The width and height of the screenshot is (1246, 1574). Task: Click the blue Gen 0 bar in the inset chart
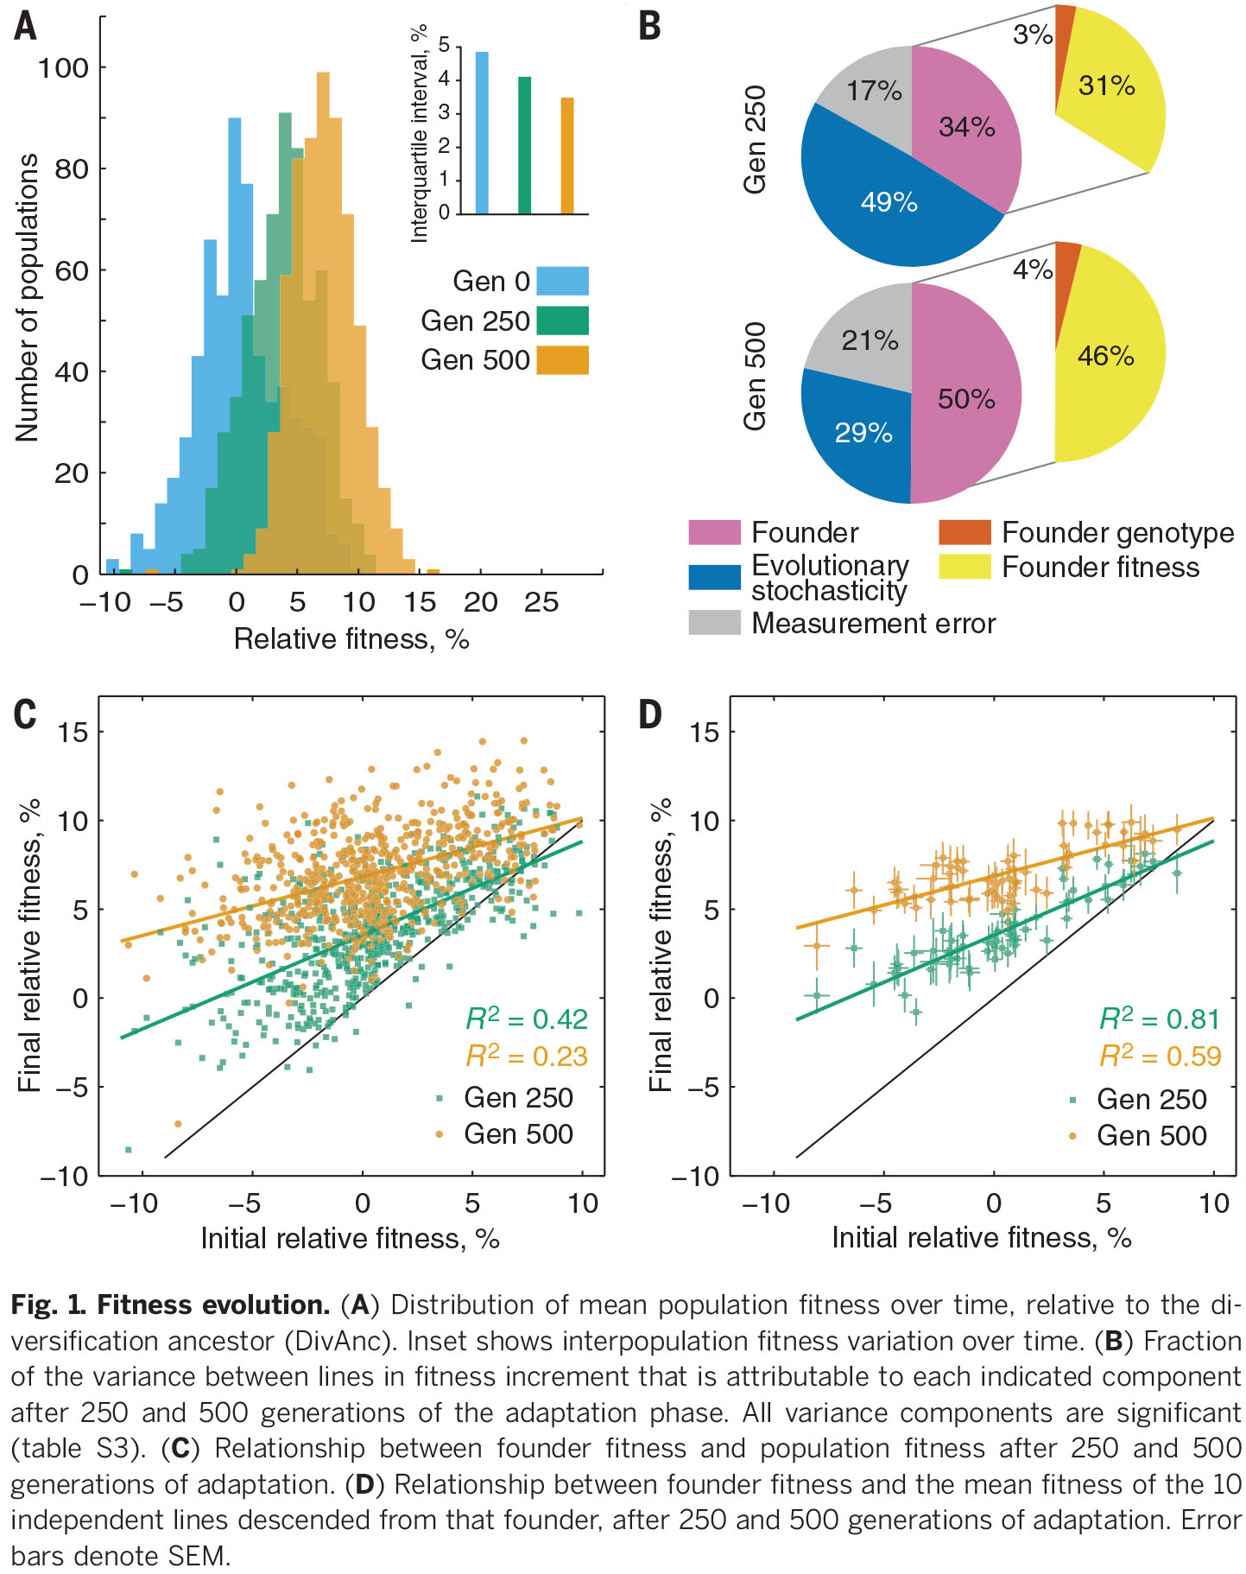coord(482,132)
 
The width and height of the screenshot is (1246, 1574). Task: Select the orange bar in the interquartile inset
coord(567,155)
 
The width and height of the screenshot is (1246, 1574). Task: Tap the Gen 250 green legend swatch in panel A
coord(562,321)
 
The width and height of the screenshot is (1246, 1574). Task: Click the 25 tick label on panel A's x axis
coord(541,602)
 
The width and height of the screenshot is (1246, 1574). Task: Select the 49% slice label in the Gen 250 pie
coord(889,202)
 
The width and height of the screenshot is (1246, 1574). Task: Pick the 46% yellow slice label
coord(1105,356)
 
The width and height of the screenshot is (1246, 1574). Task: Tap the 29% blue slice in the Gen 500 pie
coord(863,432)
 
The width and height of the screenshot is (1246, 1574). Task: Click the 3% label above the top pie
coord(1032,35)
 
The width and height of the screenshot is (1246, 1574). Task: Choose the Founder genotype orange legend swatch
coord(965,532)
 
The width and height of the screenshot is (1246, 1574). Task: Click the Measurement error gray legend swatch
coord(714,623)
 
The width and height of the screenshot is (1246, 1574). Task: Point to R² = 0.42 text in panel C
coord(527,1019)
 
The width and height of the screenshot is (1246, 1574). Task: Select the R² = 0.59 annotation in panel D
coord(1160,1057)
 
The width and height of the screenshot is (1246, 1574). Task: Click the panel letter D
coord(649,715)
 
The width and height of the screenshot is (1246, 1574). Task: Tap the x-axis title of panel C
coord(350,1239)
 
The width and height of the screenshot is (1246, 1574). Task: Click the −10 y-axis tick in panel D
coord(695,1177)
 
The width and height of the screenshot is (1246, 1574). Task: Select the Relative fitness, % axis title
coord(351,639)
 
